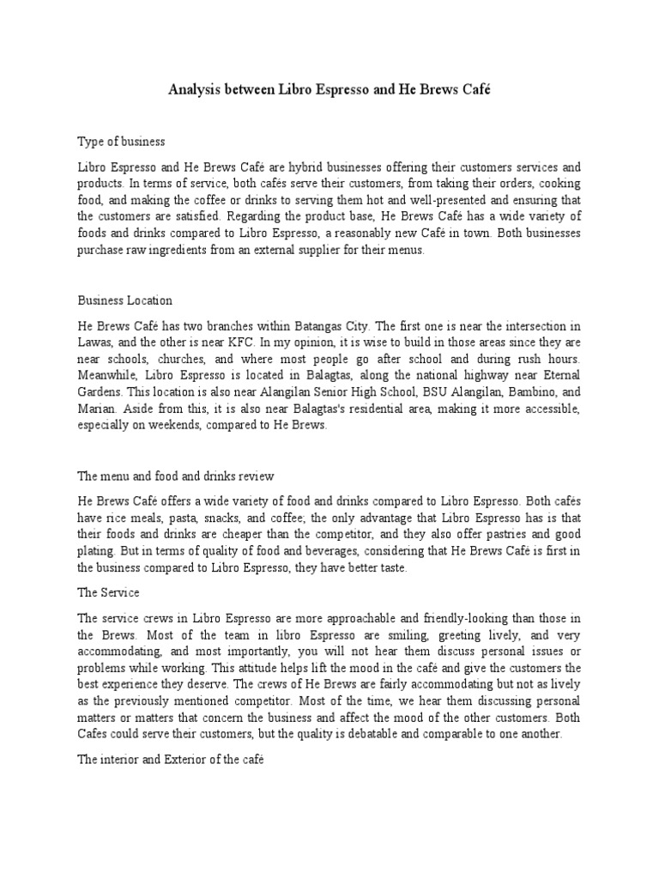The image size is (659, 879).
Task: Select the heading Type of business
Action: (x=121, y=140)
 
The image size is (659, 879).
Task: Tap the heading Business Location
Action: (x=125, y=300)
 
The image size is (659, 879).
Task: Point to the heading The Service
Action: (x=109, y=592)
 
